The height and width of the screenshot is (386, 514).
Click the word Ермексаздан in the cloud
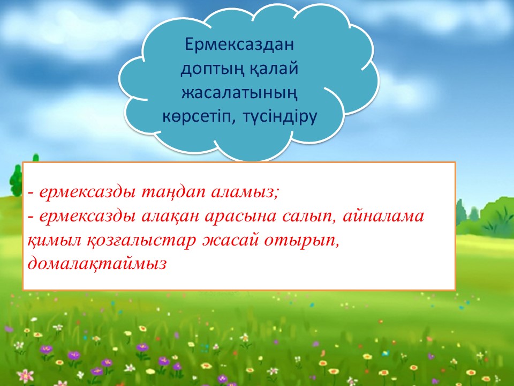239,44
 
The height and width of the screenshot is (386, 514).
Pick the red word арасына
241,217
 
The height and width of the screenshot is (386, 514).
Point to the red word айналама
383,216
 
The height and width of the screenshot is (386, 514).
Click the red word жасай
229,241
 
